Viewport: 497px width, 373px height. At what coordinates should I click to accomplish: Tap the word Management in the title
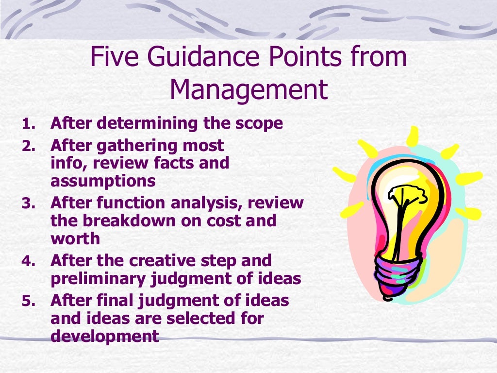(248, 90)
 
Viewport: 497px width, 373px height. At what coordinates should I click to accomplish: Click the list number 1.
(28, 124)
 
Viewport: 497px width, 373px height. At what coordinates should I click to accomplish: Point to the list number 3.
(28, 203)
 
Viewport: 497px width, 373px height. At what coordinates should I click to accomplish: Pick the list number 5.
(28, 302)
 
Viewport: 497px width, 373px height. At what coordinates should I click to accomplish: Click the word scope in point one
(260, 124)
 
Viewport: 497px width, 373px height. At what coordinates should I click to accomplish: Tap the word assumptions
(103, 181)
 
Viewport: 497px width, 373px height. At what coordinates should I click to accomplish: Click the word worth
(75, 239)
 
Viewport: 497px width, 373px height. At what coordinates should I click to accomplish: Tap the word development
(105, 337)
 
